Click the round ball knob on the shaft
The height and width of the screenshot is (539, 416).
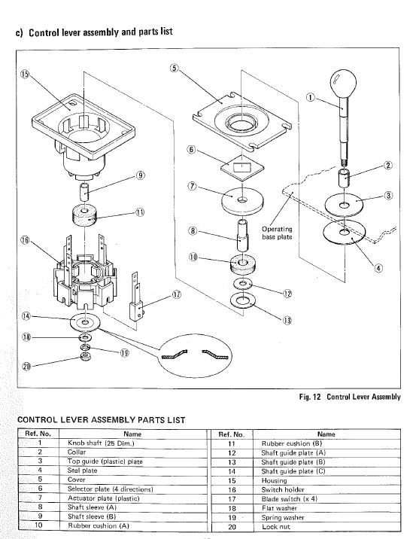(344, 80)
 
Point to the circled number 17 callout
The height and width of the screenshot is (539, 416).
(177, 294)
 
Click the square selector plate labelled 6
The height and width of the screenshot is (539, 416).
(242, 166)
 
